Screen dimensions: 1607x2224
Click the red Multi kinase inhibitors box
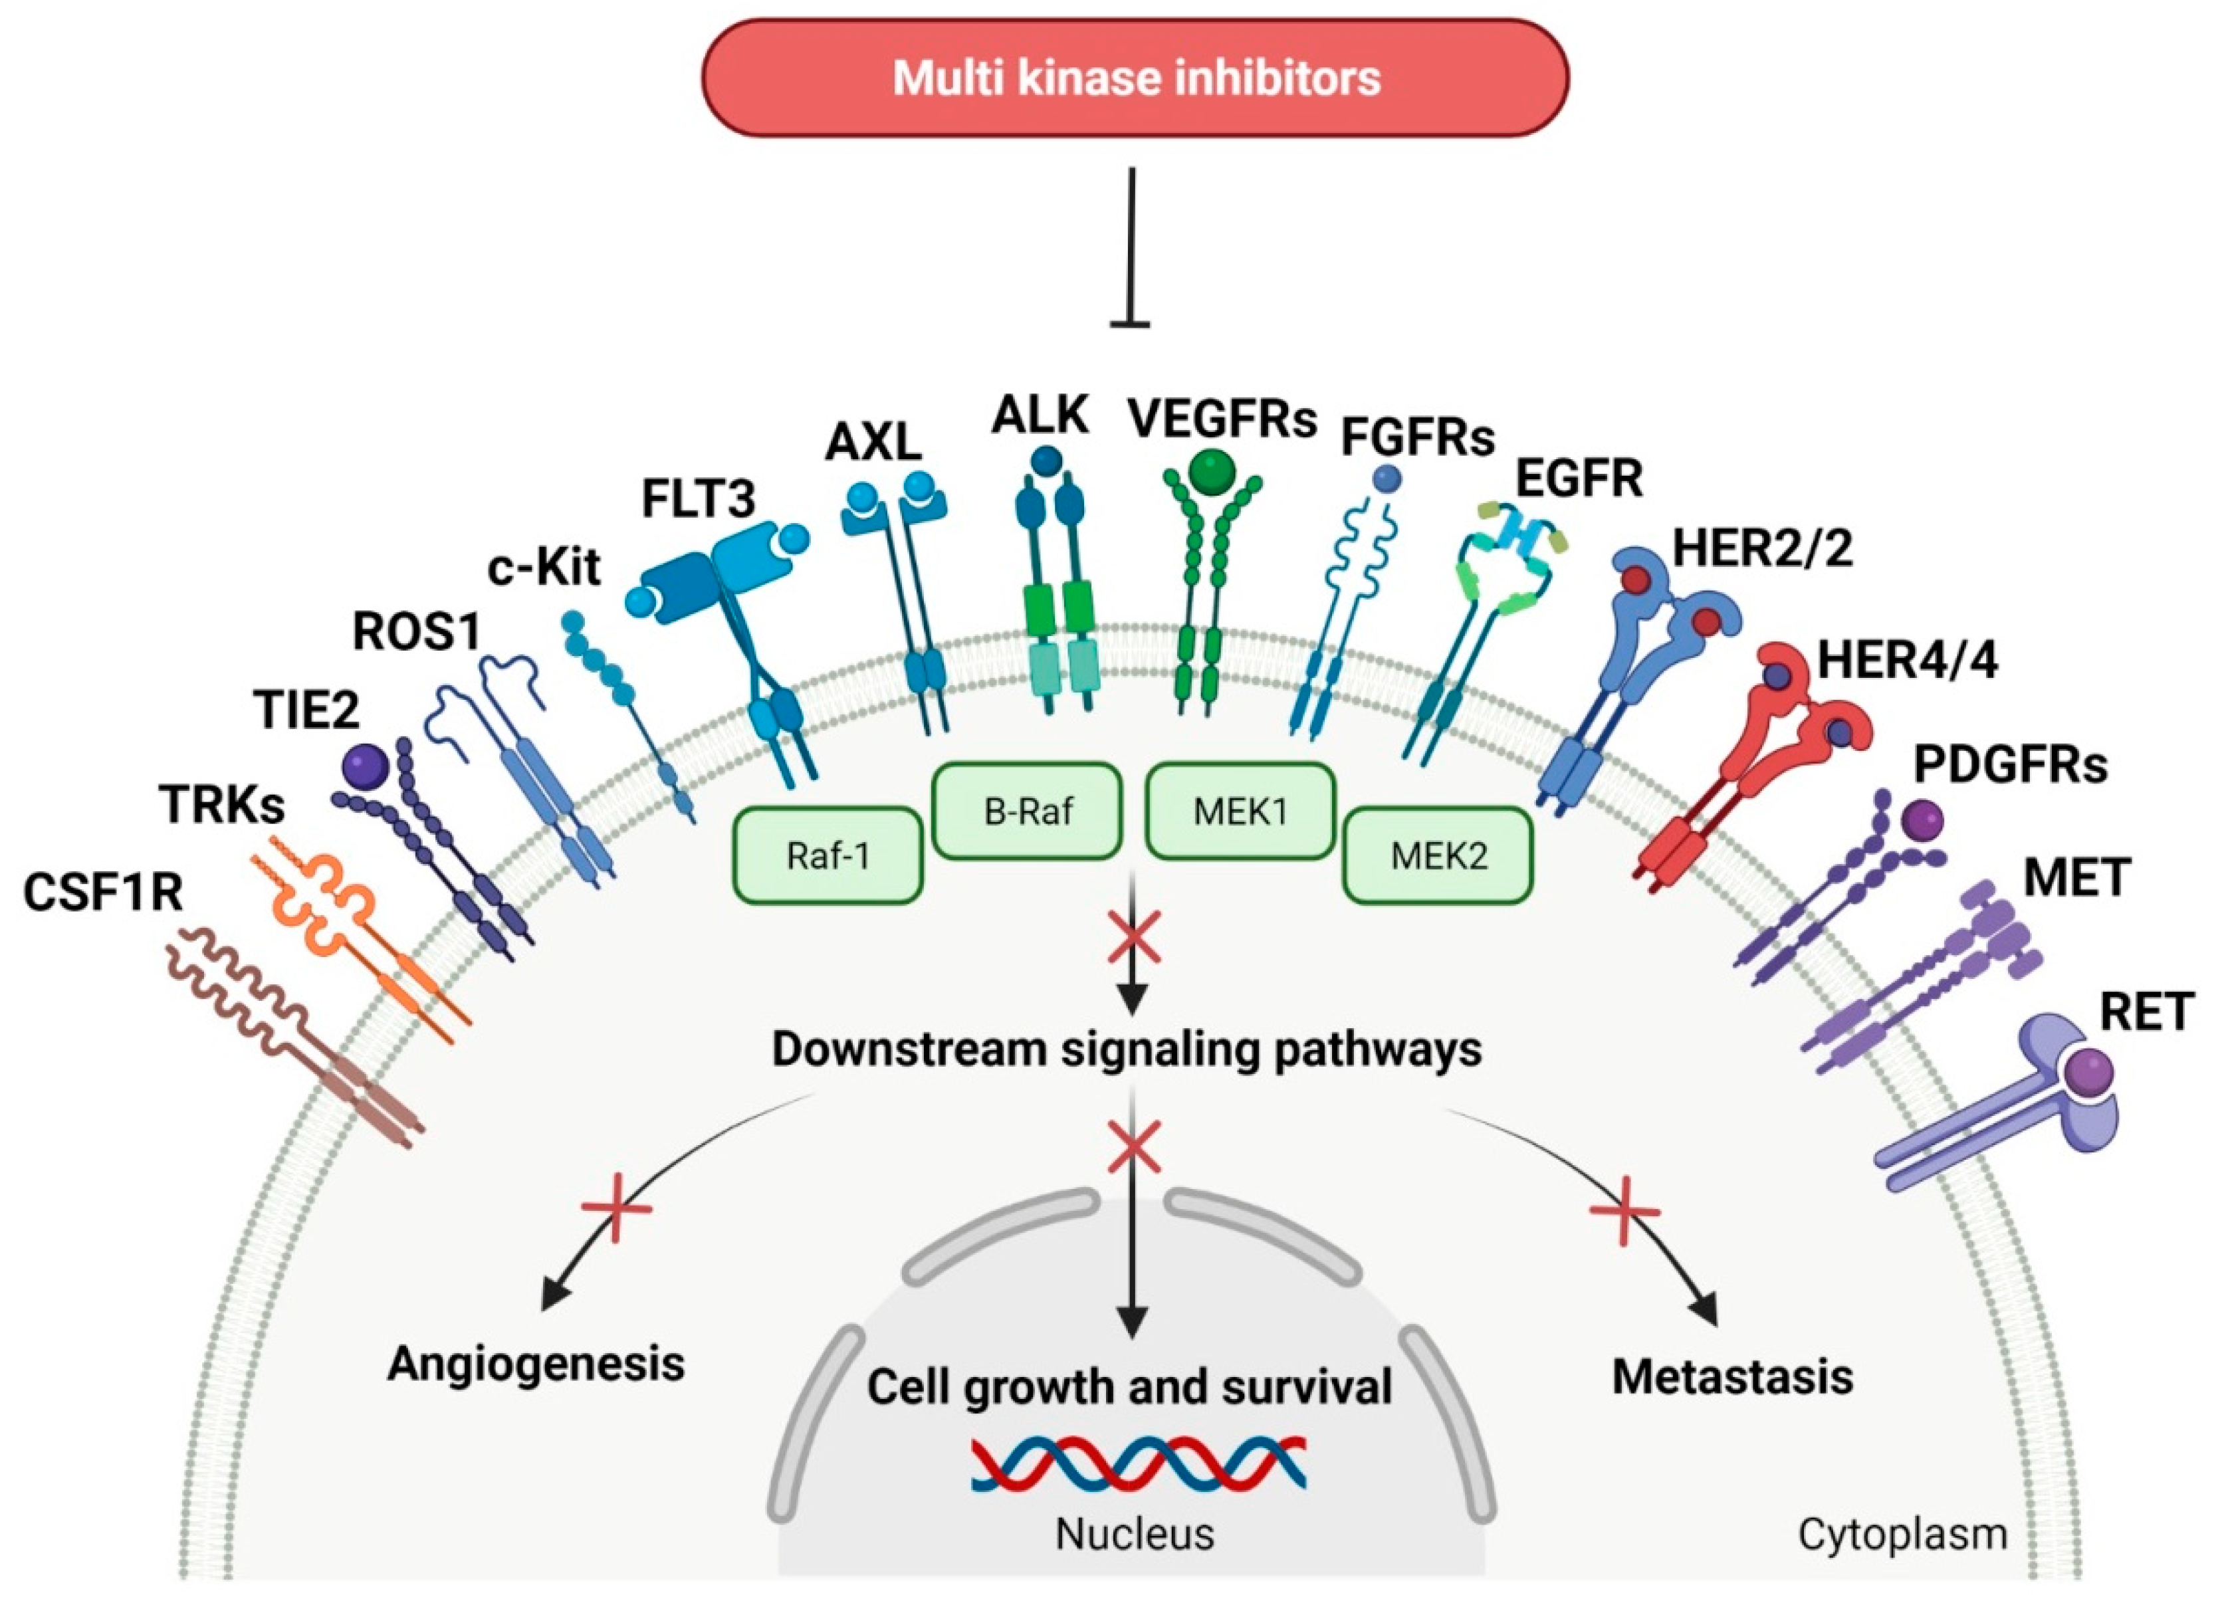point(1135,78)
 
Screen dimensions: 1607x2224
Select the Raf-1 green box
point(828,855)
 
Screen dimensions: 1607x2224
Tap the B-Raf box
point(1027,811)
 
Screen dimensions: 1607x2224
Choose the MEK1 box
point(1240,811)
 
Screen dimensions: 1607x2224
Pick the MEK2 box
point(1438,855)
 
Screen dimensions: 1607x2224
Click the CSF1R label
point(103,893)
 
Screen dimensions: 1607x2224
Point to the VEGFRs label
point(1221,419)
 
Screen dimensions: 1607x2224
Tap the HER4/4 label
point(1907,660)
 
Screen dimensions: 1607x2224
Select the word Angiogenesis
point(536,1364)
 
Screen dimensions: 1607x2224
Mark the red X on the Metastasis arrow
point(1624,1212)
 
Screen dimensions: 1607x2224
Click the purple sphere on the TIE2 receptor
point(367,768)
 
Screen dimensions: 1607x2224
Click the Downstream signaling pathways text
point(1127,1049)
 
